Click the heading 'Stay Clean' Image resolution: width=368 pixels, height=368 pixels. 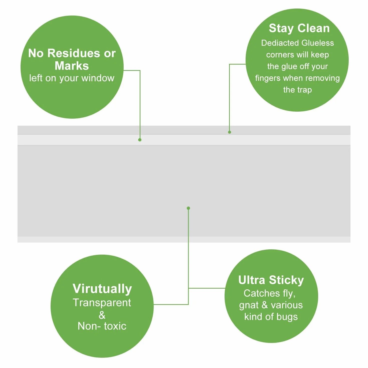[299, 29]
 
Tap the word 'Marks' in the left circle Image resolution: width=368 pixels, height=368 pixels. [72, 66]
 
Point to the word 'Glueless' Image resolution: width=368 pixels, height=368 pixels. [318, 43]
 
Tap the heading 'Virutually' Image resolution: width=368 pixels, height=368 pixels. [102, 289]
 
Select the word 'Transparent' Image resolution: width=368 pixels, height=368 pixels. [102, 303]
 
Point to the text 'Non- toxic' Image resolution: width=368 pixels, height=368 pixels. [102, 326]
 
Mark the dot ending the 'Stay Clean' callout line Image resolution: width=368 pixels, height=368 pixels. [230, 132]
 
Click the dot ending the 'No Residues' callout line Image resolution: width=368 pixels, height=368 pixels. [140, 140]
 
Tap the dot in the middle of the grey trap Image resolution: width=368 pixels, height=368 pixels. [188, 208]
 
